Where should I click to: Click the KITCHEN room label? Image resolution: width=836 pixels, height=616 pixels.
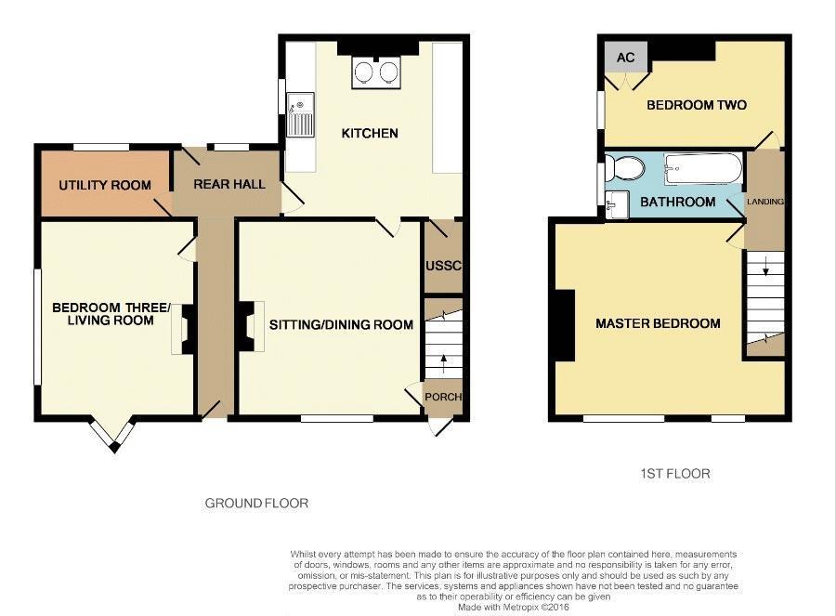[370, 134]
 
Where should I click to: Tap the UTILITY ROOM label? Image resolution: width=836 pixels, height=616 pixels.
[105, 185]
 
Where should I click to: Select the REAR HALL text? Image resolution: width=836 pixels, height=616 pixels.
[229, 184]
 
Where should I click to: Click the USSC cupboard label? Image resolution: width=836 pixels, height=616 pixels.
[443, 267]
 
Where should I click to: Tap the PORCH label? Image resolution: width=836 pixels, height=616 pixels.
[442, 397]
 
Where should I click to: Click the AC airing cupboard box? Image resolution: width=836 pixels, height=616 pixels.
[626, 58]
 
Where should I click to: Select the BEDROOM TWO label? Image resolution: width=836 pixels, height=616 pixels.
[697, 105]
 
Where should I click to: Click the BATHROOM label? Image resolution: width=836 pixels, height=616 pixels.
[678, 202]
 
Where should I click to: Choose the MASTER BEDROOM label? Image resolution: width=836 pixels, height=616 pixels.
[658, 324]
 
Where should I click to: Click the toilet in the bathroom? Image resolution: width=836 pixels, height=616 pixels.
[627, 169]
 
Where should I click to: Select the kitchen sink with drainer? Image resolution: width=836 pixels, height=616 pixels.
[300, 114]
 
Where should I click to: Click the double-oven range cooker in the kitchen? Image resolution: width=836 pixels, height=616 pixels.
[376, 72]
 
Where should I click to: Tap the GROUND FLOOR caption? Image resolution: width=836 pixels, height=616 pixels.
[256, 504]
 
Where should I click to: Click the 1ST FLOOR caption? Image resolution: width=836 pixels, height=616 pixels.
[674, 474]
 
